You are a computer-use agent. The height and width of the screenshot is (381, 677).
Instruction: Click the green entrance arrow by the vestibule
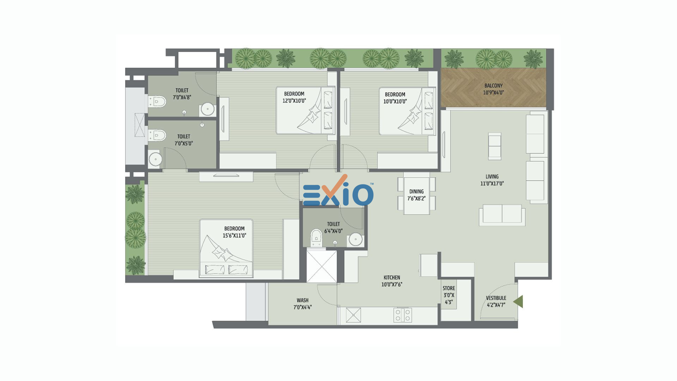519,302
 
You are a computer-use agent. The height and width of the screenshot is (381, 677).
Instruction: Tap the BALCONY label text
493,86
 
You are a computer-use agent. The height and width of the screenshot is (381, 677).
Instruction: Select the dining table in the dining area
416,193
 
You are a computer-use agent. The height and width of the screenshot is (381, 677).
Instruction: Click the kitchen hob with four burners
403,315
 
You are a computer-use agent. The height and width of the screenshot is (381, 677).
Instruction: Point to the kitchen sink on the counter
353,315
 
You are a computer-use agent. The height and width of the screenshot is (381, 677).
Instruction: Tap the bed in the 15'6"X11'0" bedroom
226,248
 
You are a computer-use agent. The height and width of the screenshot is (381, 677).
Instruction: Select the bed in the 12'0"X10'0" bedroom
305,110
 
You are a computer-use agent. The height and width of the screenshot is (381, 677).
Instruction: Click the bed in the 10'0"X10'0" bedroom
407,111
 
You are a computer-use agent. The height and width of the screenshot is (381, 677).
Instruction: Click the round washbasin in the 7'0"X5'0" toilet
155,159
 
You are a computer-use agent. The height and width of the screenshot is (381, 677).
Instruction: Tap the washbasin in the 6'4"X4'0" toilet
355,240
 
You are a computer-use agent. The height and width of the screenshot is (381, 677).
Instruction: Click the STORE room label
449,288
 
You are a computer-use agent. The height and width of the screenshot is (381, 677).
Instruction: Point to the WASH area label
303,301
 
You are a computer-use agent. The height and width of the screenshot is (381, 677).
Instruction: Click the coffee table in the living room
495,146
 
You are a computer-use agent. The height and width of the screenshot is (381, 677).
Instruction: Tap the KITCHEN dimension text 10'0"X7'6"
392,284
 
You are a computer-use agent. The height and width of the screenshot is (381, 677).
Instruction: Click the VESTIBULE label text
496,298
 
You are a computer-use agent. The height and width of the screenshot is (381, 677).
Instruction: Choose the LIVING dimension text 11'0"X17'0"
492,183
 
